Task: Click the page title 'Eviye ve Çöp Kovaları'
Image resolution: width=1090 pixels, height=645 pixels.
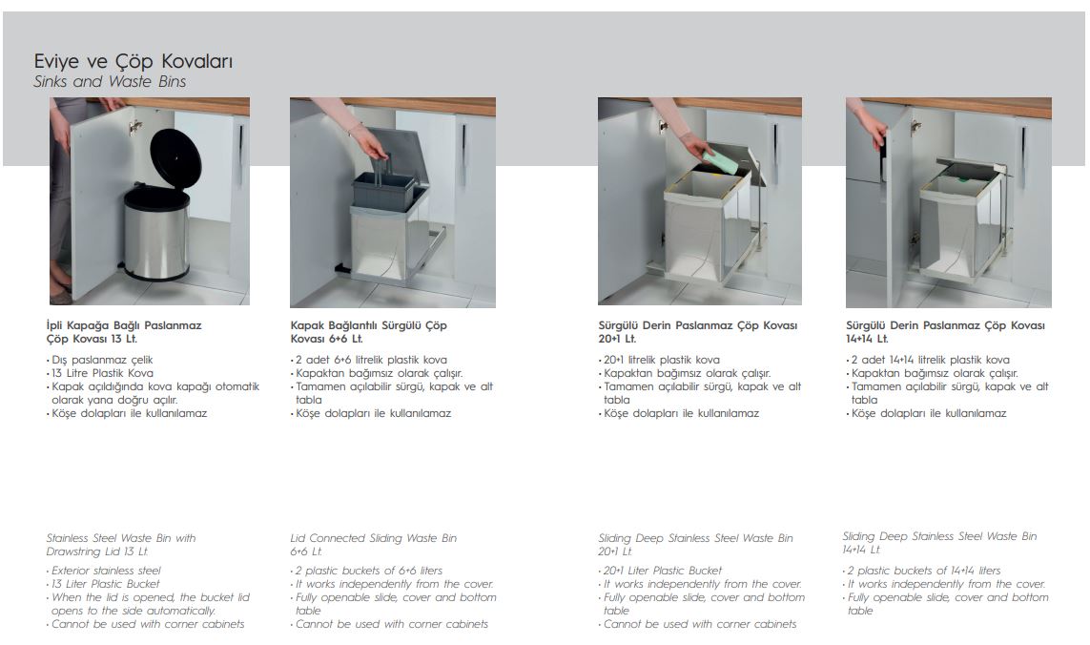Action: tap(134, 61)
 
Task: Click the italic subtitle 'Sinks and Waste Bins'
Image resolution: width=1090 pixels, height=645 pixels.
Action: tap(110, 81)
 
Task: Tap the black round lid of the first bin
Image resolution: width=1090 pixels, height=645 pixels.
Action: tap(175, 161)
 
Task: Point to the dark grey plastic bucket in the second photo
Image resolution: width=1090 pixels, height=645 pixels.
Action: tap(383, 189)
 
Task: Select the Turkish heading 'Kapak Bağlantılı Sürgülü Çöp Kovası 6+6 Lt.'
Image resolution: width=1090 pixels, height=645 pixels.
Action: tap(368, 332)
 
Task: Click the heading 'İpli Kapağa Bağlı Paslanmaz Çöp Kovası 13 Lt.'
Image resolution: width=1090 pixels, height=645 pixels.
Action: tap(124, 332)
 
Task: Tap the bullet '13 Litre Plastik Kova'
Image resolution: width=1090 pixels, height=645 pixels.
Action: tap(102, 373)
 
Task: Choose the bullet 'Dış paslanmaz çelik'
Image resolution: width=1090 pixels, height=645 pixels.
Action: tap(102, 360)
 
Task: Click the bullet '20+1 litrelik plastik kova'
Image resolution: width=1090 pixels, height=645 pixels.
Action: tap(661, 360)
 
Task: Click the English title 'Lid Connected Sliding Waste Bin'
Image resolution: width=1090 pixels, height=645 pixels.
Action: tap(373, 538)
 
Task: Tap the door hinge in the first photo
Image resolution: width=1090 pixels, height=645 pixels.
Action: tap(134, 127)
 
